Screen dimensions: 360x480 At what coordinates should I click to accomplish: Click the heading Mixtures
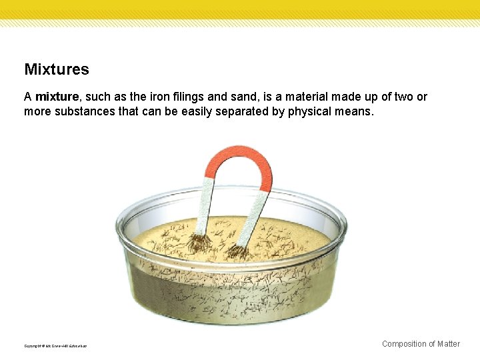pyautogui.click(x=57, y=69)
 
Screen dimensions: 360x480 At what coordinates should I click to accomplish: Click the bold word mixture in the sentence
pyautogui.click(x=57, y=97)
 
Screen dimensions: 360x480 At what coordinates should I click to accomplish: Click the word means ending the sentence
pyautogui.click(x=355, y=111)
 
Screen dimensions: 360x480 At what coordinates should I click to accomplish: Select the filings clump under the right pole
pyautogui.click(x=236, y=251)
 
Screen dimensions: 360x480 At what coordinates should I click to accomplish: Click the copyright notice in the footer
pyautogui.click(x=55, y=346)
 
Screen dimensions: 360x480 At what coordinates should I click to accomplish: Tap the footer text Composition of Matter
pyautogui.click(x=421, y=344)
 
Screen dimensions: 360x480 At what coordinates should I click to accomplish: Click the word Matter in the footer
pyautogui.click(x=448, y=344)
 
